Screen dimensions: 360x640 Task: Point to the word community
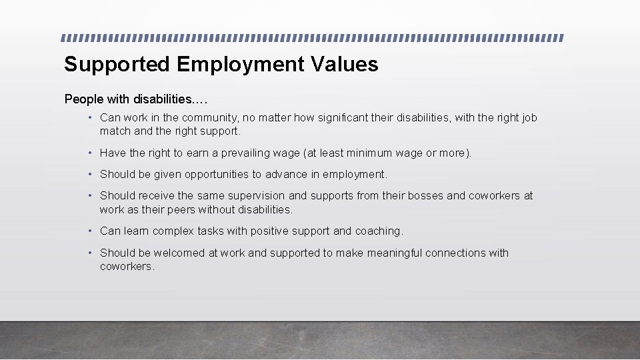point(210,118)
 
